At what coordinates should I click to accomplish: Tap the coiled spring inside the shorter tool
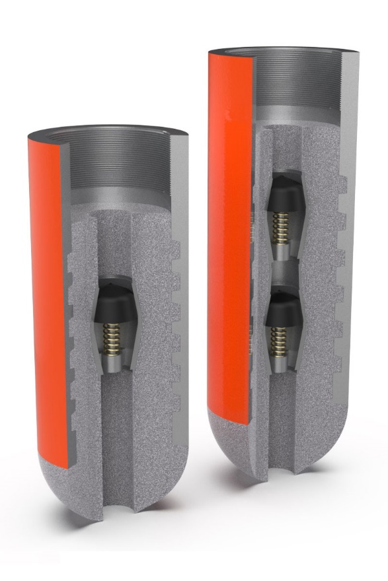coord(114,337)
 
